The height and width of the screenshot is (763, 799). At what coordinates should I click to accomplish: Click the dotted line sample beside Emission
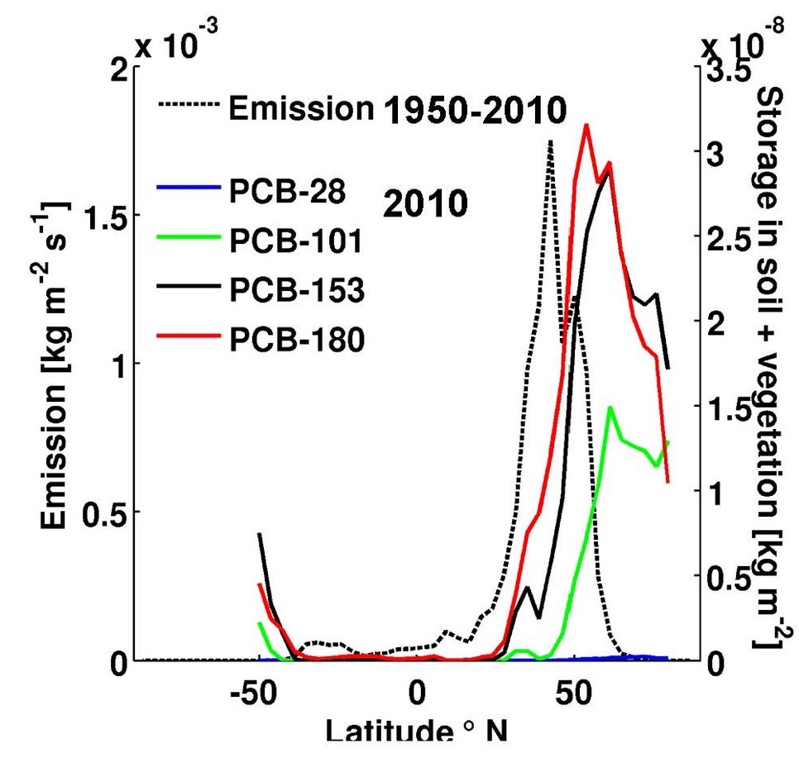(x=188, y=106)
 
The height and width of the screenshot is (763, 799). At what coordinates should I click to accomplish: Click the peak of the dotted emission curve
(x=550, y=141)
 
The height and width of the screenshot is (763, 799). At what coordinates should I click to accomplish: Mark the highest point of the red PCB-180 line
(x=586, y=125)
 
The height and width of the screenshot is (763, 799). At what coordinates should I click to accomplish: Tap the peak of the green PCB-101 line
(x=610, y=407)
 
